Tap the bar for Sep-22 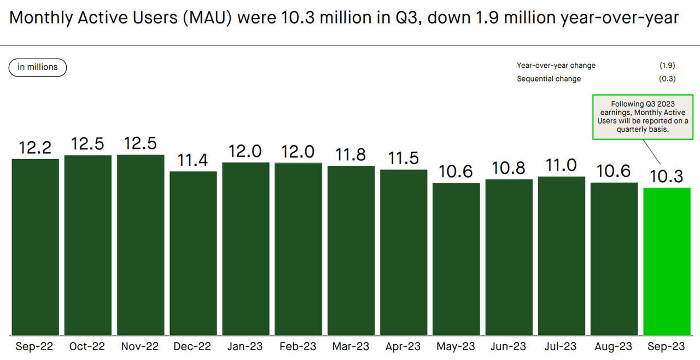coord(35,247)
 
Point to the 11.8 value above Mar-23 coord(351,154)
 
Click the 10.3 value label coord(667,176)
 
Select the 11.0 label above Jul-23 coord(562,165)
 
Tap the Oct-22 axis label coord(87,347)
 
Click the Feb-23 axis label coord(298,347)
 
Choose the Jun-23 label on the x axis coord(509,347)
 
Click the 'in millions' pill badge coord(38,67)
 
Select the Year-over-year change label coord(556,66)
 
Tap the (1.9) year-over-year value coord(667,66)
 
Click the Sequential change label coord(549,79)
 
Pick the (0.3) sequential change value coord(667,79)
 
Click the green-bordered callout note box coord(643,117)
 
